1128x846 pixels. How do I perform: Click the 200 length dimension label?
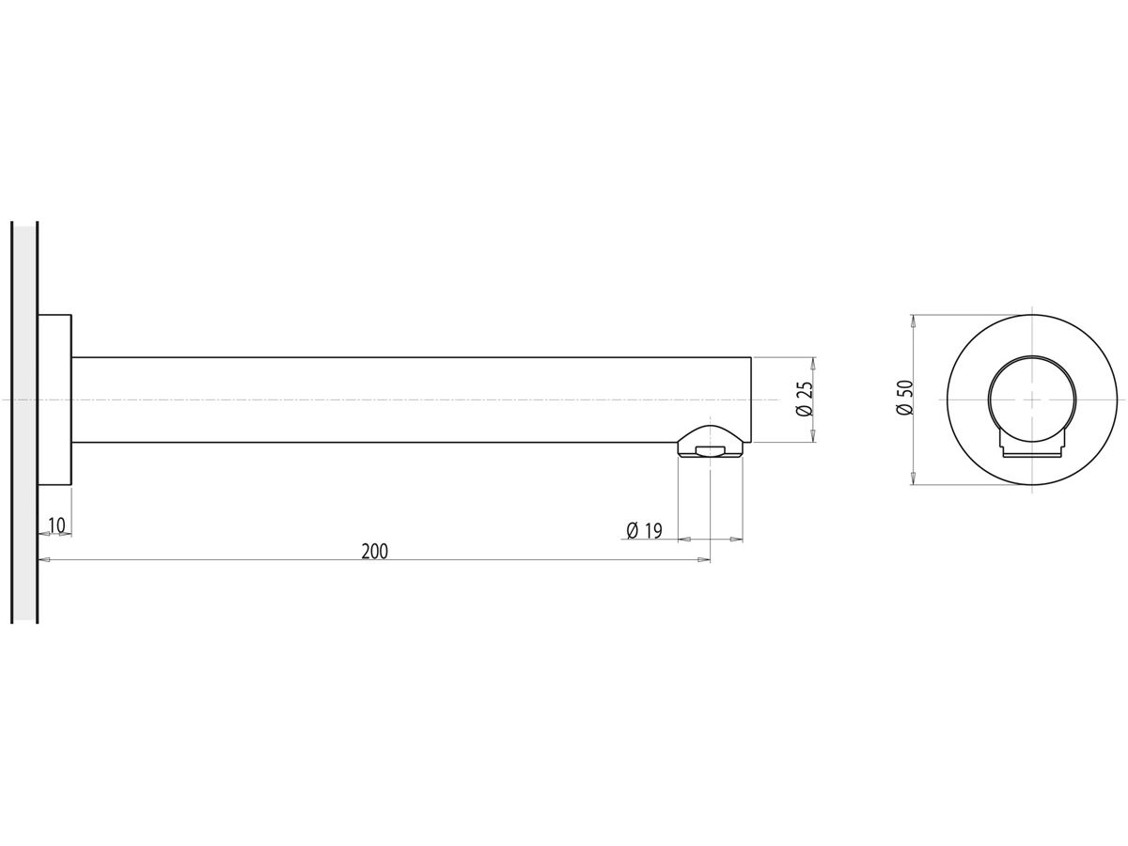(374, 552)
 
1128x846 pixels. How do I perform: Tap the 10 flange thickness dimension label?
(56, 525)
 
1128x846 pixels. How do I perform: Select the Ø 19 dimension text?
(644, 531)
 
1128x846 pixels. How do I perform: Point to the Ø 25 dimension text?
(805, 399)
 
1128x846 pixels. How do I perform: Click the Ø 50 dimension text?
(904, 398)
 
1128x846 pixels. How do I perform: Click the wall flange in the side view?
(55, 399)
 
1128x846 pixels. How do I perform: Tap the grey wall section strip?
(24, 423)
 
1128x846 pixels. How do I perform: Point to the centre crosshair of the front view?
(1032, 399)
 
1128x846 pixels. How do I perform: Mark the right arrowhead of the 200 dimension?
(704, 560)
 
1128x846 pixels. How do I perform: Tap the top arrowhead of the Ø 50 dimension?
(913, 321)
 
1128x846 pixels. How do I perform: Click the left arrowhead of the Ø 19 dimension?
(683, 540)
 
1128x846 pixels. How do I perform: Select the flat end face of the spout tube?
(750, 395)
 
